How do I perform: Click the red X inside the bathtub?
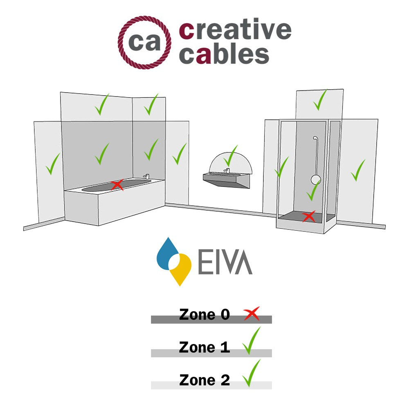(x=117, y=185)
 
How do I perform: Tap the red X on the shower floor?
(x=308, y=216)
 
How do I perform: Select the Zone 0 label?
(x=204, y=315)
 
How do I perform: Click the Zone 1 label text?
(x=204, y=347)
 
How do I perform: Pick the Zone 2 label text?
(x=204, y=380)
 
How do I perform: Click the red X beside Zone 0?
(x=251, y=314)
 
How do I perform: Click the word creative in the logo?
(x=235, y=31)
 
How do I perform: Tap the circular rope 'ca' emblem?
(x=145, y=43)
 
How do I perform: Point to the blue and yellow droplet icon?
(x=174, y=261)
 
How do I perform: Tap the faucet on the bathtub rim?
(x=146, y=176)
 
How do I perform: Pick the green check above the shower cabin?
(x=320, y=100)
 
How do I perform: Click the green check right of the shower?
(x=357, y=170)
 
